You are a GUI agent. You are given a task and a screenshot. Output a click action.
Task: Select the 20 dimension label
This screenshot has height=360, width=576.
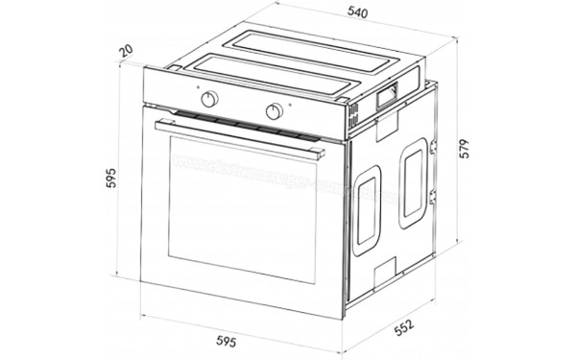click(x=127, y=50)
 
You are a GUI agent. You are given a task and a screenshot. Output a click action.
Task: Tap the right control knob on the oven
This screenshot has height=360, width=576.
click(x=274, y=110)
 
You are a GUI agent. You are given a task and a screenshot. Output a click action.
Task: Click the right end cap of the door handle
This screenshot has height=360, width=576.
click(x=318, y=155)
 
